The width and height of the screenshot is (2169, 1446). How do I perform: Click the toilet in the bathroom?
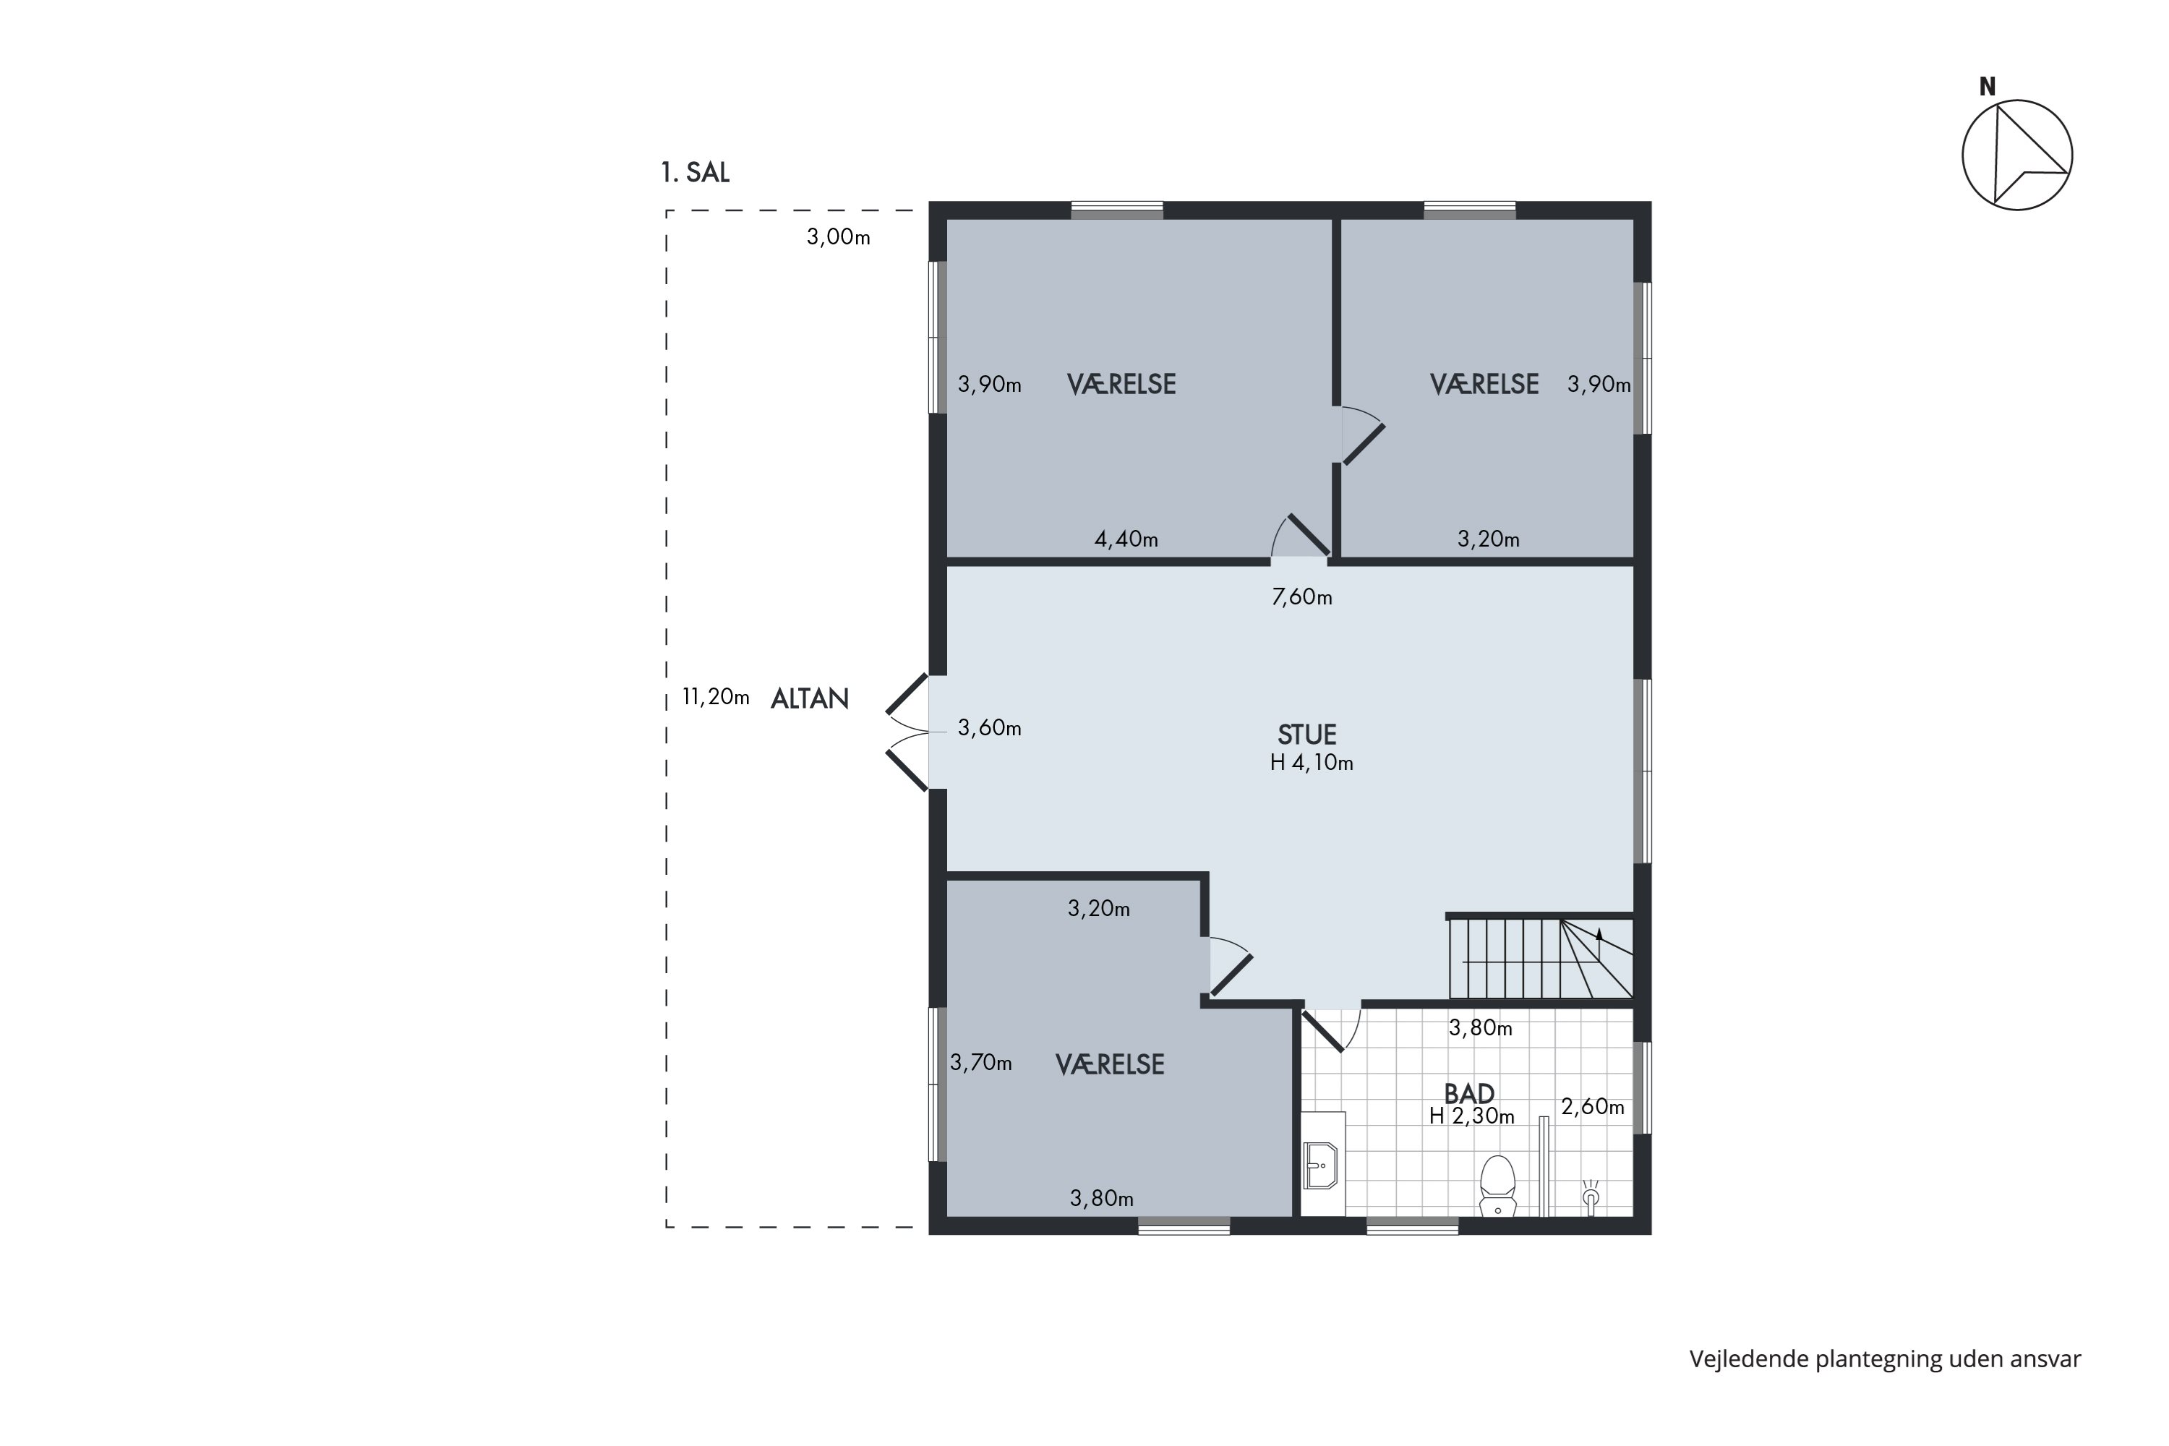(x=1497, y=1186)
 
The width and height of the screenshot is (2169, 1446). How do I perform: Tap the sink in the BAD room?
(x=1322, y=1165)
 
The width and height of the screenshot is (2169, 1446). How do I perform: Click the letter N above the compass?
(x=1988, y=87)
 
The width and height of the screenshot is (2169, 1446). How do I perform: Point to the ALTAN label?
(x=810, y=699)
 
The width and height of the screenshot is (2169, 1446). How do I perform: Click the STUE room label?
(x=1306, y=735)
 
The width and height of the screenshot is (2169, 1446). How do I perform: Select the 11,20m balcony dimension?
(x=716, y=697)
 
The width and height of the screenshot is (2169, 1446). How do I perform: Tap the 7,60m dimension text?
(x=1302, y=598)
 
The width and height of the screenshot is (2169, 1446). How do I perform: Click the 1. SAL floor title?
(x=696, y=174)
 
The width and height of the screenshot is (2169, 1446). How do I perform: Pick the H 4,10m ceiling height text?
(x=1312, y=763)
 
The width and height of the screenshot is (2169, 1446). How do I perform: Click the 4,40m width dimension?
(x=1126, y=539)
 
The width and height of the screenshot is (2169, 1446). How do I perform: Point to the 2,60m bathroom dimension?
(x=1593, y=1107)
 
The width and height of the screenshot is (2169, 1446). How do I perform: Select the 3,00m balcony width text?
(x=838, y=237)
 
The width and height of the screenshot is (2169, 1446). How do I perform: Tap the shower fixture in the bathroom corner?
(x=1590, y=1196)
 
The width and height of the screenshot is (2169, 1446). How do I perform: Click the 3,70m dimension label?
(x=981, y=1064)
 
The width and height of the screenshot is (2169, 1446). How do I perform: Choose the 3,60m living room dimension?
(x=990, y=729)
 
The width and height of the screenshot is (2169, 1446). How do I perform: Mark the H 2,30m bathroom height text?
(x=1472, y=1117)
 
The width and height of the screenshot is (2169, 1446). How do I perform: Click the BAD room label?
(x=1469, y=1094)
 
